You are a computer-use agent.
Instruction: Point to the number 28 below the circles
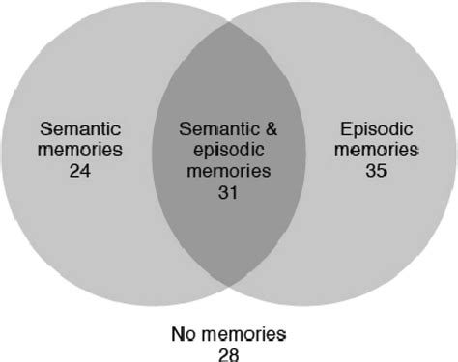click(x=228, y=351)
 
